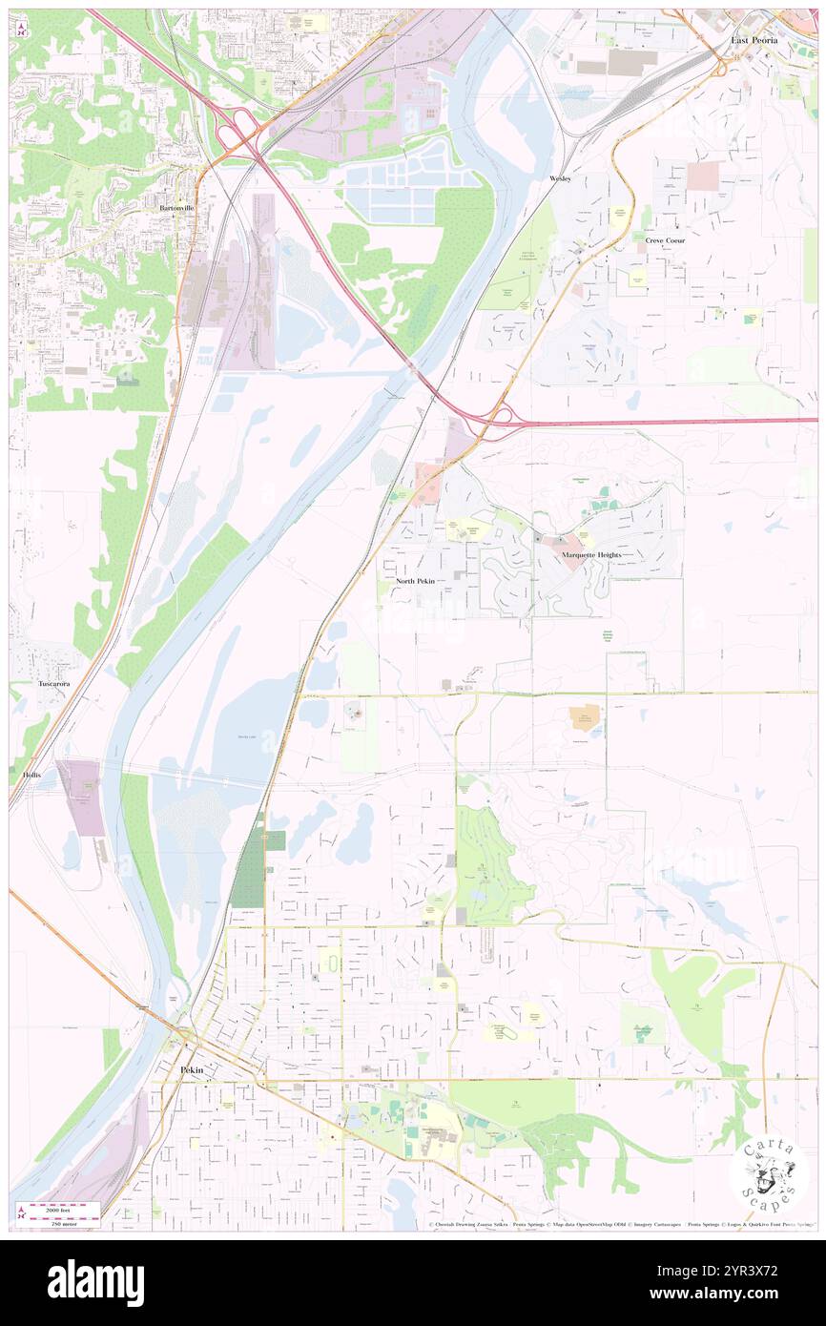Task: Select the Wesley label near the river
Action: coord(560,179)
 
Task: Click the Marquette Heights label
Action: coord(591,554)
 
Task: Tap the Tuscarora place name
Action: coord(53,684)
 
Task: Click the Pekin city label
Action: coord(192,1071)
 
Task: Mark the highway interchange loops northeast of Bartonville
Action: coord(238,132)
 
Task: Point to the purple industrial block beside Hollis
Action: coord(82,798)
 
